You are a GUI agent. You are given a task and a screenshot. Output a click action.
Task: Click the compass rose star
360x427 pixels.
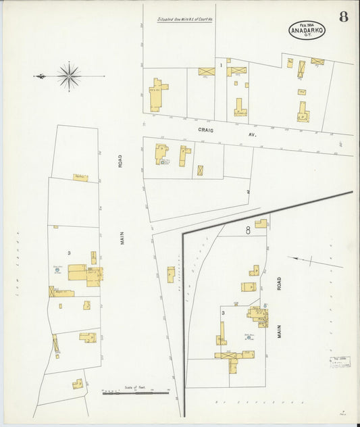(x=69, y=76)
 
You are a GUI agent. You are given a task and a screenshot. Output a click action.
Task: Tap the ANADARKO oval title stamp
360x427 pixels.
(x=307, y=30)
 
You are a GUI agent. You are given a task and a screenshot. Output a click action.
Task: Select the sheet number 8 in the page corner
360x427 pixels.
(x=344, y=17)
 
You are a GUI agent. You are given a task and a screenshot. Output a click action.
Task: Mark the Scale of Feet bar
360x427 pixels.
(x=135, y=391)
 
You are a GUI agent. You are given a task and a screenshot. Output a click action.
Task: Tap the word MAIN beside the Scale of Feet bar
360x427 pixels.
(x=123, y=236)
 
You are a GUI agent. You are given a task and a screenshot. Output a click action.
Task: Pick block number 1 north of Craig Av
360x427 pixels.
(x=221, y=66)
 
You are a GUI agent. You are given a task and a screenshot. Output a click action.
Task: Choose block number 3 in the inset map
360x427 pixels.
(x=223, y=313)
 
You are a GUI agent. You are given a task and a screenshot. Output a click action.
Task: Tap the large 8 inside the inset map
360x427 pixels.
(x=249, y=230)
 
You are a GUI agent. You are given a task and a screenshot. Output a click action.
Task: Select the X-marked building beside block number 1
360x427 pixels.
(x=206, y=71)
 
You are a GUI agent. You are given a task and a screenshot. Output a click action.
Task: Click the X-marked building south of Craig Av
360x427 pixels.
(x=201, y=170)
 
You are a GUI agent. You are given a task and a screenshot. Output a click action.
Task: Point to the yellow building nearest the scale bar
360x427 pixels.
(x=78, y=384)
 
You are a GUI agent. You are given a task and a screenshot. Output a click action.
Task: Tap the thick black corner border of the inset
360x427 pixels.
(x=184, y=234)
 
